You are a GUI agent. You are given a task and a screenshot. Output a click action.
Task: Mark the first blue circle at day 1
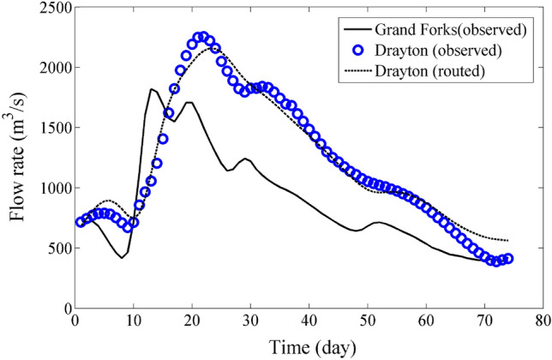[x=81, y=222]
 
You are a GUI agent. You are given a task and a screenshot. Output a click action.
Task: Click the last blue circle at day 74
[x=508, y=258]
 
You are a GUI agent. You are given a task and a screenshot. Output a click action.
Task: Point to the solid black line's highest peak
[x=151, y=88]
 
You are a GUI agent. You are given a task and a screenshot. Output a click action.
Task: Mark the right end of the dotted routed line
[x=508, y=241]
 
